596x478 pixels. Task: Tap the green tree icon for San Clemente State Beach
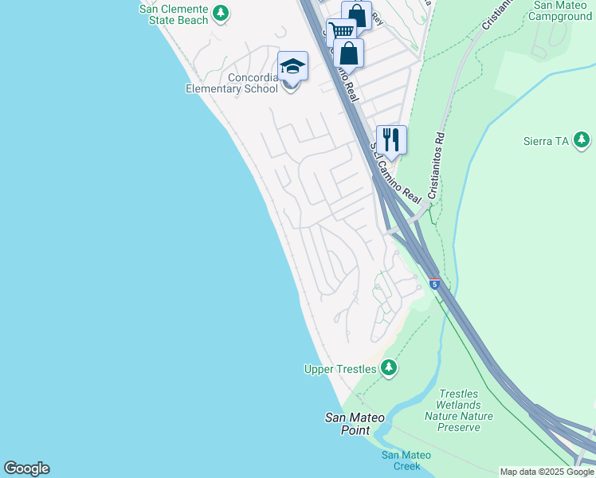(x=221, y=13)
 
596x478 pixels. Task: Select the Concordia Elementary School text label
(x=232, y=83)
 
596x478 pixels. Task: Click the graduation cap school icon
(x=292, y=66)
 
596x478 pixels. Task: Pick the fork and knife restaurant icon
(x=391, y=139)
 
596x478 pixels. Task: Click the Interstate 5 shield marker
(x=433, y=284)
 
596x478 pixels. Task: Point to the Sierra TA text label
(x=546, y=141)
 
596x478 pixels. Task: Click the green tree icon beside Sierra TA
(x=583, y=141)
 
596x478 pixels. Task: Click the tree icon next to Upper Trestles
(x=388, y=367)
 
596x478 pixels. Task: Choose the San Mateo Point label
(x=355, y=424)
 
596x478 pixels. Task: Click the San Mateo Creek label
(x=406, y=460)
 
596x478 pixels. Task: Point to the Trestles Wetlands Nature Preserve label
(x=458, y=410)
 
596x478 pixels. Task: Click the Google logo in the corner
(x=26, y=468)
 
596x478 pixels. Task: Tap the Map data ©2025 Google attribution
(x=547, y=472)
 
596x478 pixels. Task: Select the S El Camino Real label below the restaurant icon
(x=397, y=174)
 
